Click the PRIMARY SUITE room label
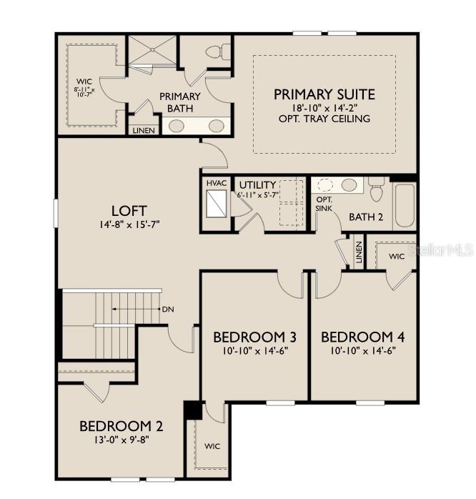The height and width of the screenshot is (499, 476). [324, 94]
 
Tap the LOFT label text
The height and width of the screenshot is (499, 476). [129, 211]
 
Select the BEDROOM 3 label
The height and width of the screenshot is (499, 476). [254, 337]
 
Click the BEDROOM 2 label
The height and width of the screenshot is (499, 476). [121, 426]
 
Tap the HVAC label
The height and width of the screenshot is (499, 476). [217, 183]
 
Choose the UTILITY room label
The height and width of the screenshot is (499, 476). [257, 185]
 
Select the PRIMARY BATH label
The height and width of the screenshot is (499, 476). [180, 102]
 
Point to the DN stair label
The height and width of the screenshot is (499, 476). [167, 310]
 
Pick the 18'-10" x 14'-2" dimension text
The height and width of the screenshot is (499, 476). [324, 108]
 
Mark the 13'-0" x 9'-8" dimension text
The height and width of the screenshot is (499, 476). [121, 440]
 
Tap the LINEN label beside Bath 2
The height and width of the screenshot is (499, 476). [359, 251]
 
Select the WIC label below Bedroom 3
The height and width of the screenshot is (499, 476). [212, 447]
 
